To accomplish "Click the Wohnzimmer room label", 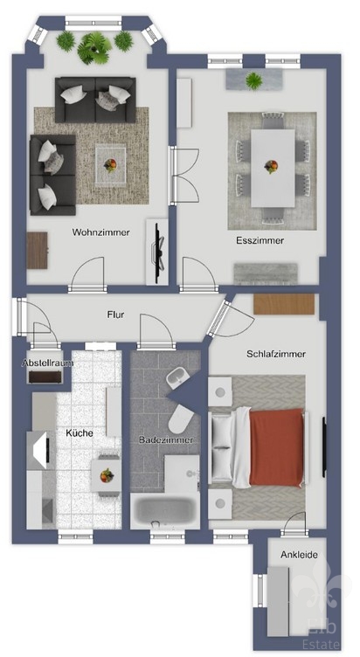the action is pos(101,232).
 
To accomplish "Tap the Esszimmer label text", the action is pos(260,240).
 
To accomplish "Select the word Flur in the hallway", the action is pos(115,315).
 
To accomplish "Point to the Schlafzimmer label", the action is pos(276,354).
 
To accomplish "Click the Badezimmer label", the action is pos(166,440).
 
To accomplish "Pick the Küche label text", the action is pos(80,432).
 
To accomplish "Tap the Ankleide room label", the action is pos(299,555).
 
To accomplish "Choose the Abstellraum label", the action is pos(47,363).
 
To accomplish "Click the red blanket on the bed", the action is pos(276,447).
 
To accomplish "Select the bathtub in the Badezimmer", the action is pos(165,511).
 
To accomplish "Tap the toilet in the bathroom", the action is pos(180,419).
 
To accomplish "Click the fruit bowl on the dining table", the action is pos(271,166).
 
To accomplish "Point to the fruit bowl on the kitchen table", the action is pos(107,474).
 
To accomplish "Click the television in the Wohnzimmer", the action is pos(158,252).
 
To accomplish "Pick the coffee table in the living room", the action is pos(111,164).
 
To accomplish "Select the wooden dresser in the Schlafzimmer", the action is pos(284,304).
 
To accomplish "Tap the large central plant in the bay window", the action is pos(94,48).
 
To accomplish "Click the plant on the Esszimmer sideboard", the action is pos(254,80).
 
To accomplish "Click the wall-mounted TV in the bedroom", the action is pos(324,446).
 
